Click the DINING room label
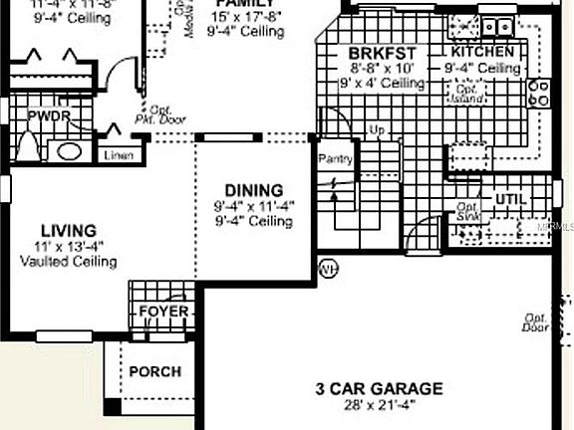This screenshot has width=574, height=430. pyautogui.click(x=253, y=190)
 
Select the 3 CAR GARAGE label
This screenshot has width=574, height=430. pyautogui.click(x=380, y=388)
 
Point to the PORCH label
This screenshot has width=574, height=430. pyautogui.click(x=155, y=372)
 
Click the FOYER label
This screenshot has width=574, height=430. pyautogui.click(x=163, y=312)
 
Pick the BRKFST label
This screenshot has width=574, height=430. pyautogui.click(x=382, y=53)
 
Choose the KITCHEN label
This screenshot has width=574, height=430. pyautogui.click(x=483, y=52)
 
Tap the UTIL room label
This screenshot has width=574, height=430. pyautogui.click(x=509, y=198)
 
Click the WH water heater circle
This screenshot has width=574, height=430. pyautogui.click(x=328, y=269)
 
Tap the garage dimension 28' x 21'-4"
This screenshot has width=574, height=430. pyautogui.click(x=380, y=405)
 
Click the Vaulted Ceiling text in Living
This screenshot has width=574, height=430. pyautogui.click(x=69, y=262)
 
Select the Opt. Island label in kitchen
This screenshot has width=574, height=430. pyautogui.click(x=469, y=94)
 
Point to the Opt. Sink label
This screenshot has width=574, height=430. pyautogui.click(x=468, y=214)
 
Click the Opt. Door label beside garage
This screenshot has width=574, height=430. pyautogui.click(x=536, y=322)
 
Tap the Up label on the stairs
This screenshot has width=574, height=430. pyautogui.click(x=377, y=130)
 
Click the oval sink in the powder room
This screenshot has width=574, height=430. pyautogui.click(x=68, y=152)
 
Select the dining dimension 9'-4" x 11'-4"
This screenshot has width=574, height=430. pyautogui.click(x=253, y=206)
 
